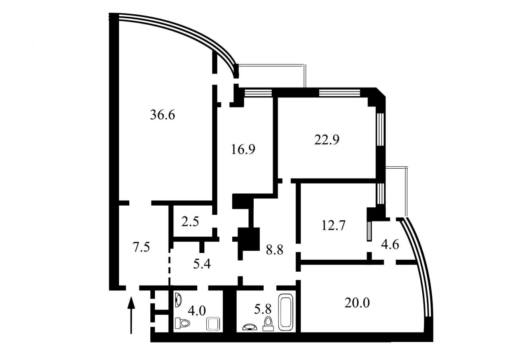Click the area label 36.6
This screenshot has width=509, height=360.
pos(163,115)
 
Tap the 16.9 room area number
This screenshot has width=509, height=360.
pos(243,149)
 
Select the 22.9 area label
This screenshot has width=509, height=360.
pos(327,140)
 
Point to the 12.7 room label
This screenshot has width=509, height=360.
pos(333,225)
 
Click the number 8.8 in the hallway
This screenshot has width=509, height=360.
pos(274,250)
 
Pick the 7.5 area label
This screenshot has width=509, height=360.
pos(141,247)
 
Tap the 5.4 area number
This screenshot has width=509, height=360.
pos(202,264)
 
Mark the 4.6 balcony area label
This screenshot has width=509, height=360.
pos(390,245)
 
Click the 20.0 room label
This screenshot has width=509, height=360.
pos(357,303)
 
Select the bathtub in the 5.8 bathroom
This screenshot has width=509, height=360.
pos(286,312)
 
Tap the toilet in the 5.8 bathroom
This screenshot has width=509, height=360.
pos(268,324)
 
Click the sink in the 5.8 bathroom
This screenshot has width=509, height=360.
pos(250,327)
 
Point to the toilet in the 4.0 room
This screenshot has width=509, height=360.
pos(183,323)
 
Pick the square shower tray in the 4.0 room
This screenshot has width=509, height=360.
pos(213,324)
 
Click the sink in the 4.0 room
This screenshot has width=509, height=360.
pos(179,300)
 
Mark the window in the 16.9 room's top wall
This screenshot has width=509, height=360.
pos(258,93)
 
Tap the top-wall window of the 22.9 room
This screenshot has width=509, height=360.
pos(340,93)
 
